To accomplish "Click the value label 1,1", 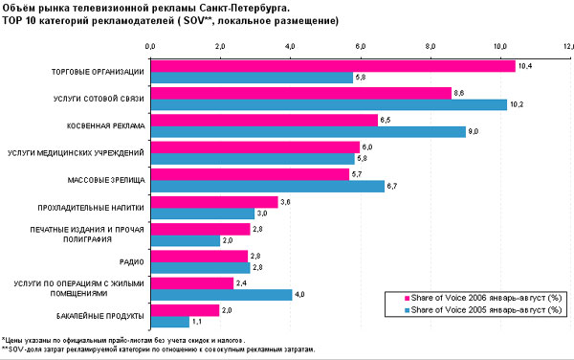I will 196,322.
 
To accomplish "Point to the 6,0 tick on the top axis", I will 360,45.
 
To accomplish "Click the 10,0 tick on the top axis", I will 499,45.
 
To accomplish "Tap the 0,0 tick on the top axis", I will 150,45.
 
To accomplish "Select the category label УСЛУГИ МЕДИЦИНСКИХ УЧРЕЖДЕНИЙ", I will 76,152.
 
